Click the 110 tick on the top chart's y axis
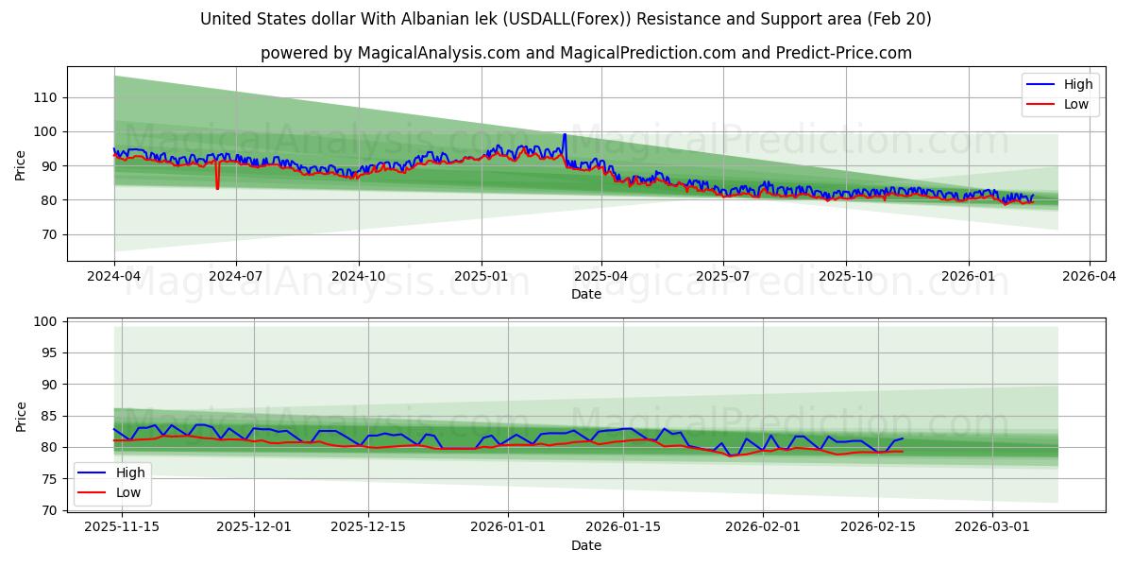pyautogui.click(x=43, y=97)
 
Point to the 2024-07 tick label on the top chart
pyautogui.click(x=235, y=277)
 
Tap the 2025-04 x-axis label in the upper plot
pyautogui.click(x=600, y=277)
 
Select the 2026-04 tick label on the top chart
pyautogui.click(x=1089, y=277)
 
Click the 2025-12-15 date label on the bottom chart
pyautogui.click(x=367, y=527)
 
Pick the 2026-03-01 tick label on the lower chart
pyautogui.click(x=992, y=527)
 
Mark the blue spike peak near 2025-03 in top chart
pyautogui.click(x=565, y=135)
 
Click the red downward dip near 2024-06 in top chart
pyautogui.click(x=217, y=187)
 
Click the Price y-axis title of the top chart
pyautogui.click(x=21, y=166)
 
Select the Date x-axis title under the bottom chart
pyautogui.click(x=585, y=545)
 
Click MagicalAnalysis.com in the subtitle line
pyautogui.click(x=438, y=53)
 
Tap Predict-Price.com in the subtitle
pyautogui.click(x=842, y=53)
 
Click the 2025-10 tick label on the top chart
pyautogui.click(x=845, y=277)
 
